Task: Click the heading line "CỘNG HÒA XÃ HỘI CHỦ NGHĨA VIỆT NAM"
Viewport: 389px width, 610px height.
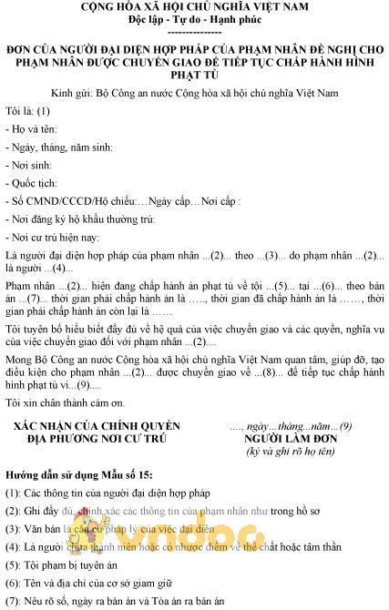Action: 194,7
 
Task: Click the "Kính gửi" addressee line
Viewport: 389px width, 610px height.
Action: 194,93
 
